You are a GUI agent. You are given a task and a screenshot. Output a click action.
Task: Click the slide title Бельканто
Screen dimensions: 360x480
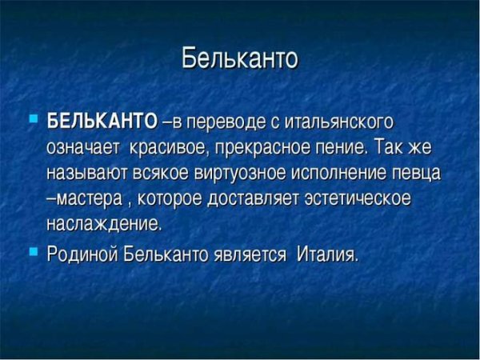pos(240,58)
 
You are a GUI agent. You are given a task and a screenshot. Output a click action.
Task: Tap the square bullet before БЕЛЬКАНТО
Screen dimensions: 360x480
pos(33,119)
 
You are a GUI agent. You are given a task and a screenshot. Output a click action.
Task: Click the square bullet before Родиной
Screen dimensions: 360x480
pos(33,250)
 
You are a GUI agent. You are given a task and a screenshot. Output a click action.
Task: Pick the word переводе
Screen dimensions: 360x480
pos(227,122)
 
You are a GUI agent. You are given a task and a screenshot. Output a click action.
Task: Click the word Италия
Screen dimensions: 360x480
pos(327,254)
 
